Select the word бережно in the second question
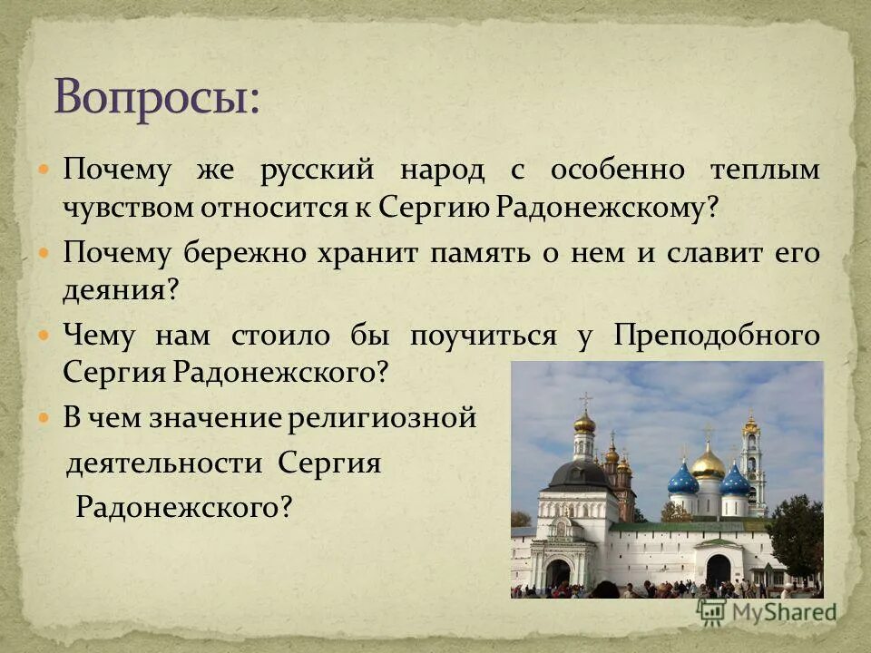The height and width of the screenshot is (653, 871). click(243, 254)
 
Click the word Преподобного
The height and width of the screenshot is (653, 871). click(717, 336)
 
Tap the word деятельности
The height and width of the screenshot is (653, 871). click(164, 463)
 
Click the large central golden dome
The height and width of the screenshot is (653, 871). click(708, 465)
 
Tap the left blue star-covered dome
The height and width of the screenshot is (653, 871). click(683, 480)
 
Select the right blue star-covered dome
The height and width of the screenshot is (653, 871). click(735, 481)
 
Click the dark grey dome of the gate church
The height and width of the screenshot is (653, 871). click(581, 473)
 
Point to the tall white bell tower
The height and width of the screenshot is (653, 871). click(752, 463)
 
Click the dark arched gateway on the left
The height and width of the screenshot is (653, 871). click(557, 571)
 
